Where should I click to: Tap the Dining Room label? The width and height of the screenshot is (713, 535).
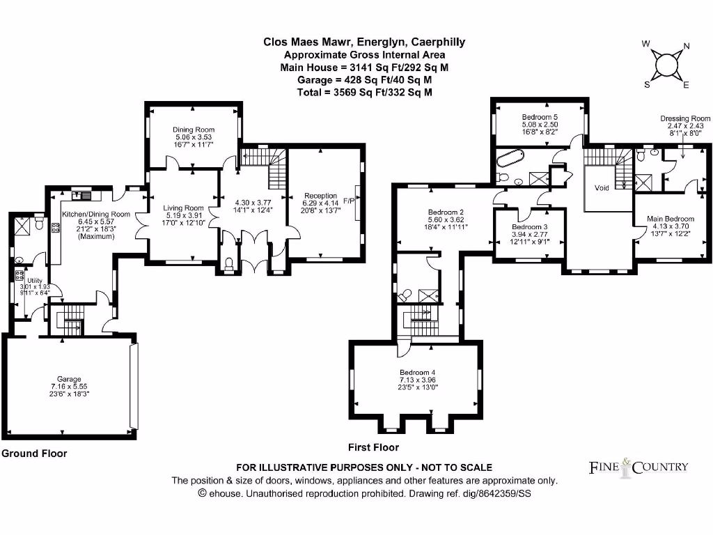(x=194, y=130)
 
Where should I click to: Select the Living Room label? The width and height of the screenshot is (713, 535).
(x=184, y=208)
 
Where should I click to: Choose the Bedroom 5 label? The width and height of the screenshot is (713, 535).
(x=540, y=117)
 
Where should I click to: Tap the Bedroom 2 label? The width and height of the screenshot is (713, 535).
(x=442, y=212)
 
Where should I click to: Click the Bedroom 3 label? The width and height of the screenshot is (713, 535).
(x=529, y=227)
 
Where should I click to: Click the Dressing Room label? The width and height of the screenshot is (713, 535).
(x=685, y=119)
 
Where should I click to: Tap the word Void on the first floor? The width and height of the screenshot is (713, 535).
(x=602, y=187)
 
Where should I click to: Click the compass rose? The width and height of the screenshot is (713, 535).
(x=666, y=65)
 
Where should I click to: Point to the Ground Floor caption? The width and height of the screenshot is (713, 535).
(x=34, y=453)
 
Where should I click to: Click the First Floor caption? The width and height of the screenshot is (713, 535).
(x=374, y=447)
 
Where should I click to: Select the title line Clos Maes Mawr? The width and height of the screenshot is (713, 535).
(x=364, y=42)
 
